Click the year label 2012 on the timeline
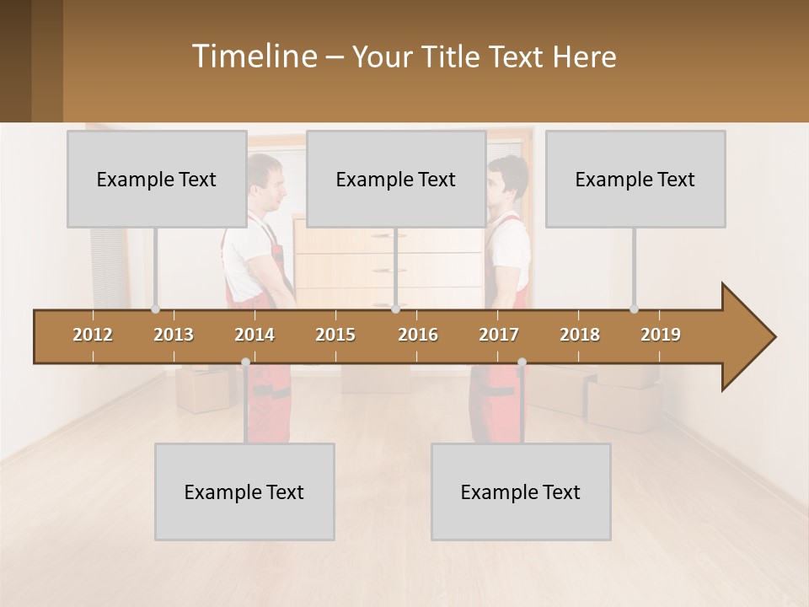coord(93,335)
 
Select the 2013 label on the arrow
coord(174,335)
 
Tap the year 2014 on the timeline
coord(254,335)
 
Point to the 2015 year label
coord(335,335)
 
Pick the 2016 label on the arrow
coord(418,335)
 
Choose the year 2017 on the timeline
coord(499,335)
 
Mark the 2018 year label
coord(580,335)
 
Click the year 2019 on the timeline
coord(661,335)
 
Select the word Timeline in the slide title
coord(252,56)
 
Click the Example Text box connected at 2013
coord(157,179)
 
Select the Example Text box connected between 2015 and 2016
coord(396,179)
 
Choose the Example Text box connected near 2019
coord(635,179)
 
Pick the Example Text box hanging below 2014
coord(244,492)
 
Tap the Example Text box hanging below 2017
coord(521,492)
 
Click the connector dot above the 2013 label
coord(156,309)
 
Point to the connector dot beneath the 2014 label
coord(245,363)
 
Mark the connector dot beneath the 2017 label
coord(522,363)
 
